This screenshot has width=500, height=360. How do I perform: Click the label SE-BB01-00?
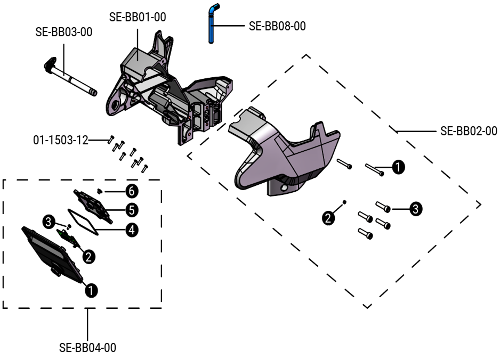pyautogui.click(x=138, y=17)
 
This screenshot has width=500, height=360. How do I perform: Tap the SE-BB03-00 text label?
pyautogui.click(x=64, y=32)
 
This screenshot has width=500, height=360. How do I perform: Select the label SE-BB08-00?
pyautogui.click(x=277, y=26)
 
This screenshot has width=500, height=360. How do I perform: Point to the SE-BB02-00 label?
pyautogui.click(x=469, y=130)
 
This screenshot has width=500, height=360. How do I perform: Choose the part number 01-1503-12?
pyautogui.click(x=60, y=140)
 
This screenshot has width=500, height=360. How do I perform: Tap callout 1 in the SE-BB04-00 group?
pyautogui.click(x=92, y=290)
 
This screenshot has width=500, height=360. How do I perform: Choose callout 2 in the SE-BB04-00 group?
pyautogui.click(x=88, y=256)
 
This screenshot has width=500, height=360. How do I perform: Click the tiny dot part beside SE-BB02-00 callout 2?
pyautogui.click(x=345, y=202)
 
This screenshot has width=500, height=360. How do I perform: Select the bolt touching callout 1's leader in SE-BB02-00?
pyautogui.click(x=374, y=169)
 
